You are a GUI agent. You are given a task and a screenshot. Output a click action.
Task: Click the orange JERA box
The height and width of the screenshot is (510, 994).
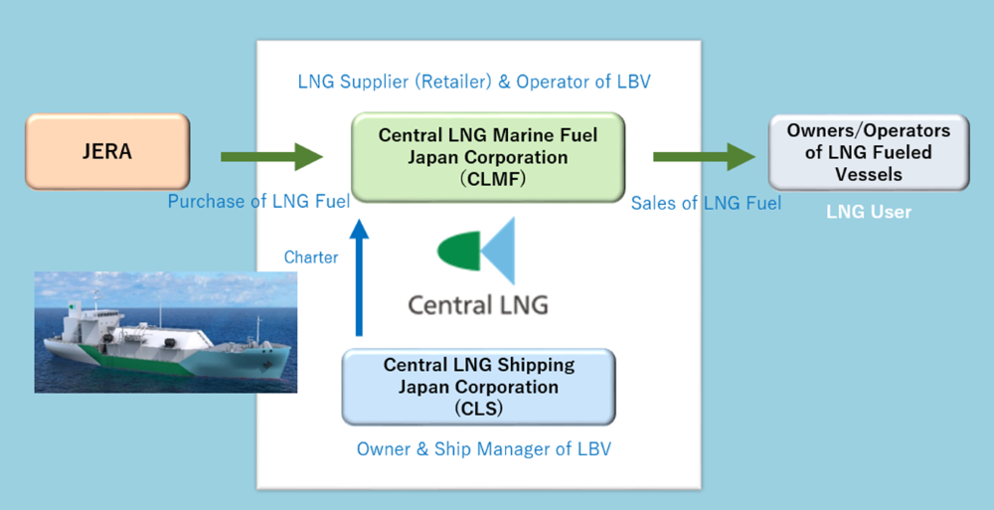(x=107, y=151)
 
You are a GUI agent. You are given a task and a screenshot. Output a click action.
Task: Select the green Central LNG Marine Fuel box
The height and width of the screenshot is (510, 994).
(x=488, y=157)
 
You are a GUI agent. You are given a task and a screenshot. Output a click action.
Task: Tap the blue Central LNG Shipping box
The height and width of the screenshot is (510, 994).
(x=479, y=387)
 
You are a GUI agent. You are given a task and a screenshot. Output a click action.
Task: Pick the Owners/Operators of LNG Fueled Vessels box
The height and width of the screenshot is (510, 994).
(x=869, y=152)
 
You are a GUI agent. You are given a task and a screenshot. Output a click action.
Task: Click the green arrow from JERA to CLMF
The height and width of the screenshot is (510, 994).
(x=272, y=157)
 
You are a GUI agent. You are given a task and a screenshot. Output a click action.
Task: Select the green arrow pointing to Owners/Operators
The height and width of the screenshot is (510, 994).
(x=705, y=157)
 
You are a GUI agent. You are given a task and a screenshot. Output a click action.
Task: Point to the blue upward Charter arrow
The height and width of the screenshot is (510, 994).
(x=359, y=277)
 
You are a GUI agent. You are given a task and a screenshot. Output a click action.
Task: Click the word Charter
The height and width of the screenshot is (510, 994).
(x=310, y=256)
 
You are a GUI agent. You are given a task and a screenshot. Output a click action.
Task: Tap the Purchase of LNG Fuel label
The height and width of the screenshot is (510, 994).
(x=258, y=201)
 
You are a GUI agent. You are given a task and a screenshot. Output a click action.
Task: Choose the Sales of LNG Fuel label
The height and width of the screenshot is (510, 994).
(x=706, y=203)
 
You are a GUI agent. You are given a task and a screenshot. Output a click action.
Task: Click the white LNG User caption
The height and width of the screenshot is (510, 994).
(x=869, y=211)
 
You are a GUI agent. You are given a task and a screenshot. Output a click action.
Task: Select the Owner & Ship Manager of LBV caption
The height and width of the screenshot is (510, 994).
(x=484, y=449)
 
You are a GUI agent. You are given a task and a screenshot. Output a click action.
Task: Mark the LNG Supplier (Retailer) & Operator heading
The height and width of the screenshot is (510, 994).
(x=474, y=82)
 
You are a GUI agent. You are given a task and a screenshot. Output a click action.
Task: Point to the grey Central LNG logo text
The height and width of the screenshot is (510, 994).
(x=478, y=304)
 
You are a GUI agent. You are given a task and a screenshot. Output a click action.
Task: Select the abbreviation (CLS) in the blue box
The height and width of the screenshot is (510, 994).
(x=479, y=408)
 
